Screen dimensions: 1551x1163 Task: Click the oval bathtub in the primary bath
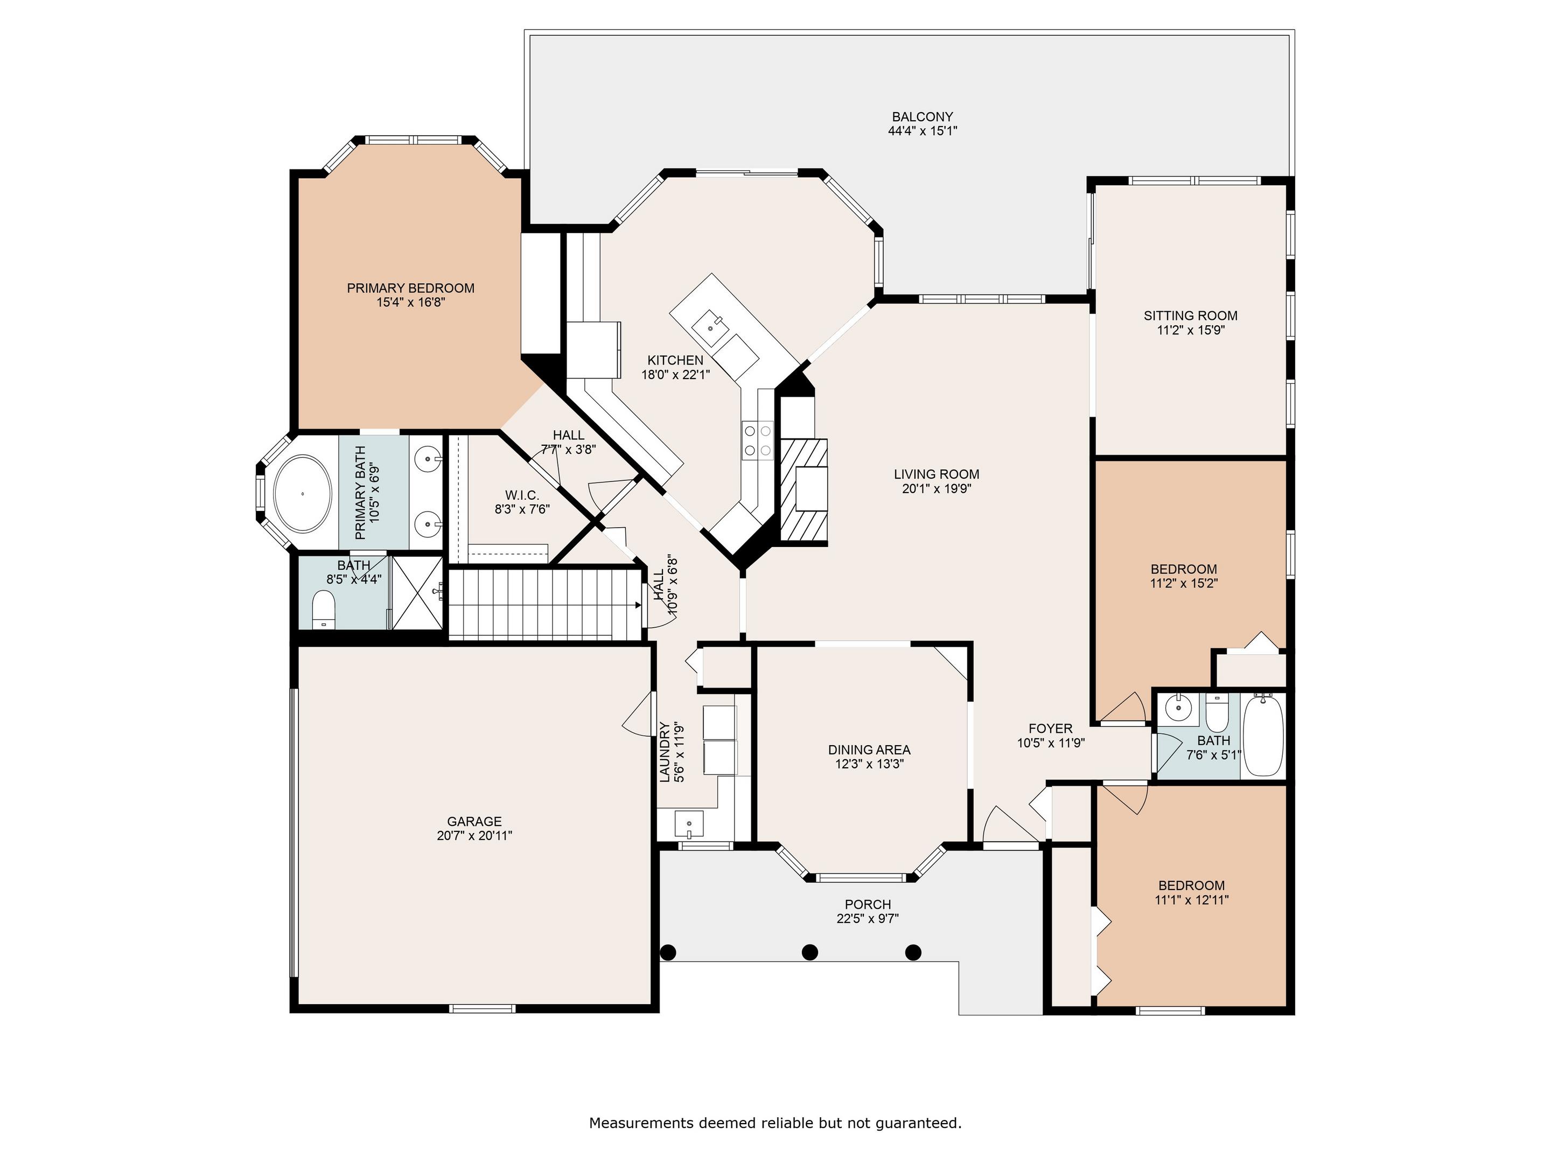coord(302,494)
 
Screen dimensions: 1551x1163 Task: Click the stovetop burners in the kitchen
coord(757,440)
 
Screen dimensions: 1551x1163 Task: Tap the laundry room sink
coord(689,824)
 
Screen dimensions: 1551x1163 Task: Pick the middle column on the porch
coord(810,952)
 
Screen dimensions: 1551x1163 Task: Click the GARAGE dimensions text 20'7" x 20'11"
coord(474,836)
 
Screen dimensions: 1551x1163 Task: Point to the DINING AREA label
coord(869,749)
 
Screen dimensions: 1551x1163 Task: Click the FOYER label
coord(1050,728)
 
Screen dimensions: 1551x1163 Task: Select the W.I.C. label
coord(522,495)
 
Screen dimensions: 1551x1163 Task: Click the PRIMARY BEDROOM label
coord(411,288)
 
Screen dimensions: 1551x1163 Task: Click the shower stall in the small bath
coord(416,592)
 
